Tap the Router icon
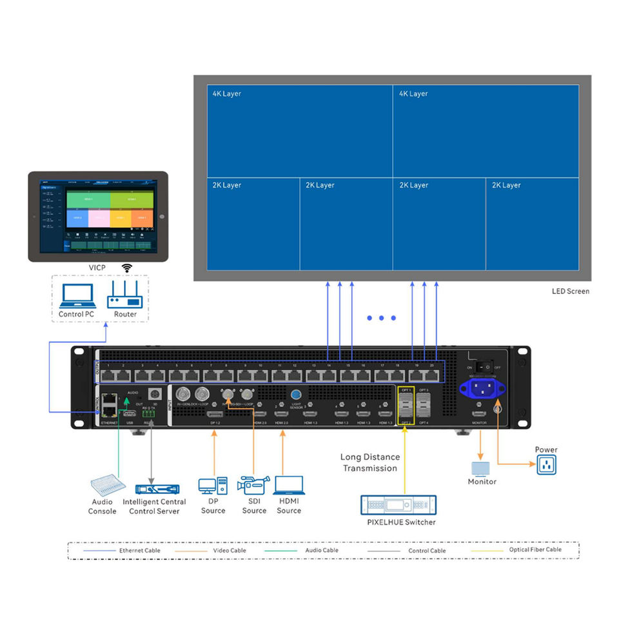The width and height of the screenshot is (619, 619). (125, 297)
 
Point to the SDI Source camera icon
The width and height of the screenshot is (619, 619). (253, 486)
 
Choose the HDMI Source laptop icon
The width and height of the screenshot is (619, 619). (288, 485)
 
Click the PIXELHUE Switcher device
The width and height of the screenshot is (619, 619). (398, 505)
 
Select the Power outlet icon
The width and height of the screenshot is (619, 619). (545, 464)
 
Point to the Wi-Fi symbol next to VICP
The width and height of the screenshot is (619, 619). (127, 268)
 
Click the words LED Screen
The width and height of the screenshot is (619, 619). (570, 291)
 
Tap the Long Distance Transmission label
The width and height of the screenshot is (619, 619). (369, 462)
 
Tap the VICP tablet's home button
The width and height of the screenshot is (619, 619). (162, 217)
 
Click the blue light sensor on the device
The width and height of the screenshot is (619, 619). (296, 395)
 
